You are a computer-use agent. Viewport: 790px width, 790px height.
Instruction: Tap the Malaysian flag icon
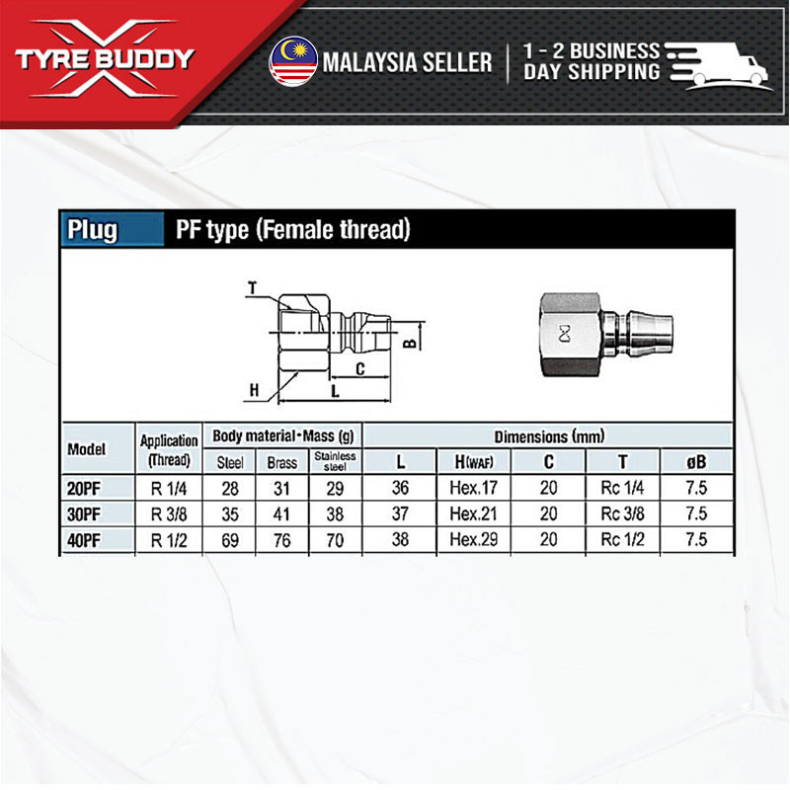(292, 61)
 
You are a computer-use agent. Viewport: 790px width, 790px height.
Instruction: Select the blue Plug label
(93, 230)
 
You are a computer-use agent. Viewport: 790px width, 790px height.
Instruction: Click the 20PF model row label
(85, 487)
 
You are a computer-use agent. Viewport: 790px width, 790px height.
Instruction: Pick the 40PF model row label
(85, 539)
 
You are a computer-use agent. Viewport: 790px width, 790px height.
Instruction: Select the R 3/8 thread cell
(169, 513)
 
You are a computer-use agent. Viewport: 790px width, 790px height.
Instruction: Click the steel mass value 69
(230, 539)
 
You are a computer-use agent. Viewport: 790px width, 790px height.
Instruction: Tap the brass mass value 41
(281, 513)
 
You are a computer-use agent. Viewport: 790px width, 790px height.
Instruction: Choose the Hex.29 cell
(474, 539)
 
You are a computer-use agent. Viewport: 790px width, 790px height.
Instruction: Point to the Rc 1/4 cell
(622, 487)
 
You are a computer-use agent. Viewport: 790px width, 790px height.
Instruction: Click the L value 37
(400, 513)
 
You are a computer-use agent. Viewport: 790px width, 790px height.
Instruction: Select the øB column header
(695, 461)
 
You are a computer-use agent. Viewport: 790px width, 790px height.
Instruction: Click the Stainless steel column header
(335, 461)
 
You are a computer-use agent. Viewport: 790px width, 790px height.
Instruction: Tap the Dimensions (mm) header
(549, 435)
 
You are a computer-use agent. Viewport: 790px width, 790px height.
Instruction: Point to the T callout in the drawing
(252, 288)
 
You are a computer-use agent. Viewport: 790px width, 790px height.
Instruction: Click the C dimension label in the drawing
(360, 369)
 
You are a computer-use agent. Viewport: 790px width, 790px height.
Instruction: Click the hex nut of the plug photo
(567, 334)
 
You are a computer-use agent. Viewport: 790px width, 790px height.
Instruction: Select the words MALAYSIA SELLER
(406, 62)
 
